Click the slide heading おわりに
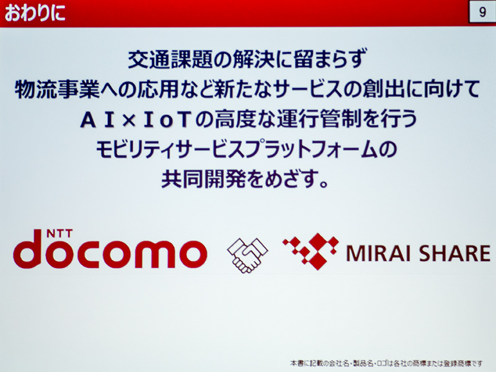pyautogui.click(x=35, y=13)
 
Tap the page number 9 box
pyautogui.click(x=482, y=12)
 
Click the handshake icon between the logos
pyautogui.click(x=247, y=255)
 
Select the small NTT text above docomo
pyautogui.click(x=60, y=234)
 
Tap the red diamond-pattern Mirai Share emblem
pyautogui.click(x=311, y=252)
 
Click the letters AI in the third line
pyautogui.click(x=97, y=120)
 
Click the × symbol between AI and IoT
pyautogui.click(x=129, y=121)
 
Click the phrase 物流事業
pyautogui.click(x=57, y=89)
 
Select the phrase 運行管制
pyautogui.click(x=319, y=120)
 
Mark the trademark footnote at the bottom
pyautogui.click(x=386, y=363)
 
